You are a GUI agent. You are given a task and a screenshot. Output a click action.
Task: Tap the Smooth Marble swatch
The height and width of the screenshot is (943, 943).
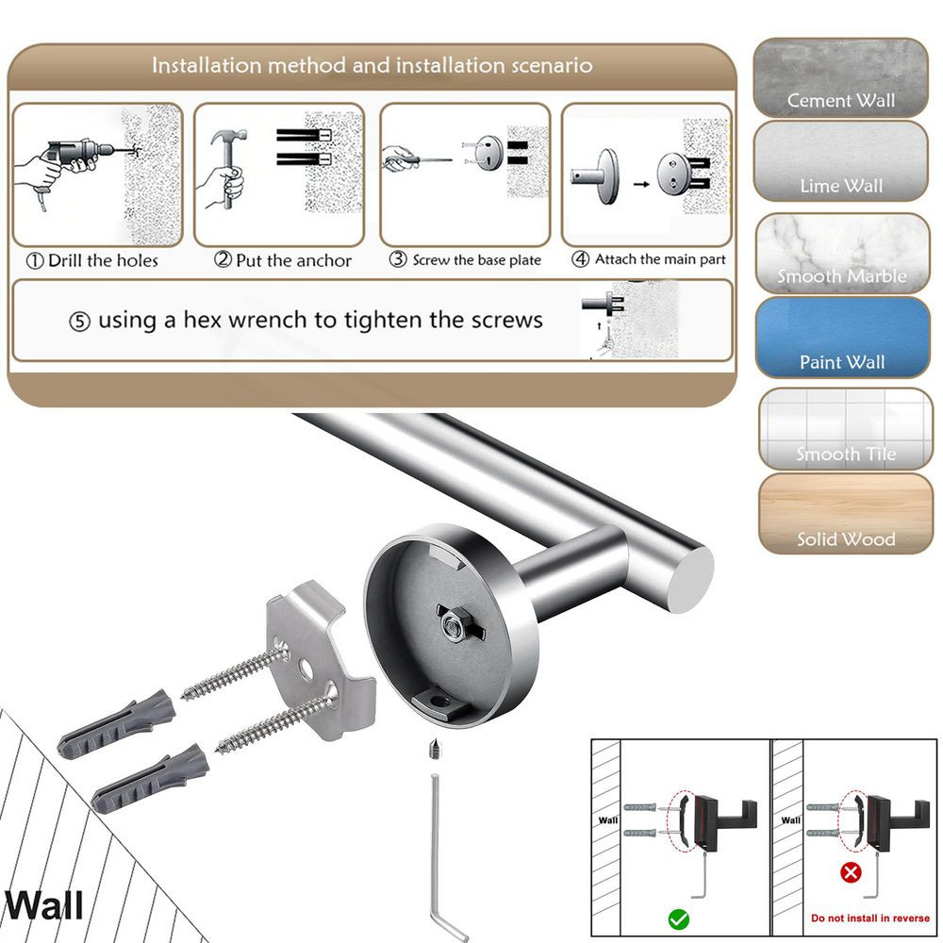(x=842, y=253)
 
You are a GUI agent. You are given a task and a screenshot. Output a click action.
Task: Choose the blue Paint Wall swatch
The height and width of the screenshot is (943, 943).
(x=842, y=338)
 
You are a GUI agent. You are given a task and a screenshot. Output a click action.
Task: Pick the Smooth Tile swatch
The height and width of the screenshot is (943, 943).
(x=845, y=429)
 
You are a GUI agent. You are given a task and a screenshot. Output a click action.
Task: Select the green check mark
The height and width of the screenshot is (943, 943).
(x=678, y=918)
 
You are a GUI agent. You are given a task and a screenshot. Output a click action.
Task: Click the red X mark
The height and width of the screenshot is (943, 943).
(x=850, y=872)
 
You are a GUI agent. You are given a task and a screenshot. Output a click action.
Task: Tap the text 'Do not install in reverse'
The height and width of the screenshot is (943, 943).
(x=869, y=918)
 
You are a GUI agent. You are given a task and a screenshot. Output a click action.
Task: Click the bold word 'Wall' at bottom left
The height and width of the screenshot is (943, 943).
(x=43, y=906)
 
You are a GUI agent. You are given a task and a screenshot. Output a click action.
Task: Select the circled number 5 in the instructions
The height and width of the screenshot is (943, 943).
(x=80, y=322)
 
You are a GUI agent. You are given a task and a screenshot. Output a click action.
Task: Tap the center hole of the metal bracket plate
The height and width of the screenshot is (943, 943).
(x=307, y=669)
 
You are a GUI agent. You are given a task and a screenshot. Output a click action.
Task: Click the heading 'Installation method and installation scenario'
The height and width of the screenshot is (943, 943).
(x=372, y=66)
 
